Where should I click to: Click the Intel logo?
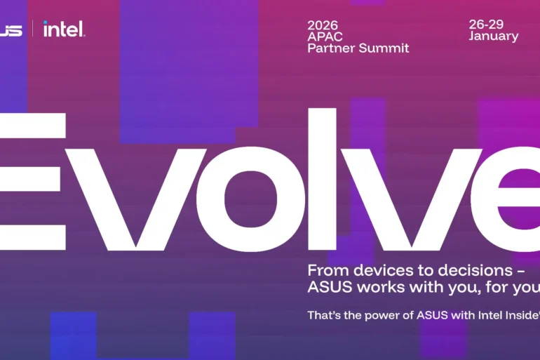tap(63, 29)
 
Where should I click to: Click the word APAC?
tap(324, 36)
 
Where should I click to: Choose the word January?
tap(494, 36)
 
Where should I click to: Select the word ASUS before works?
tap(330, 287)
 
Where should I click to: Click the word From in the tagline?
tap(323, 270)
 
